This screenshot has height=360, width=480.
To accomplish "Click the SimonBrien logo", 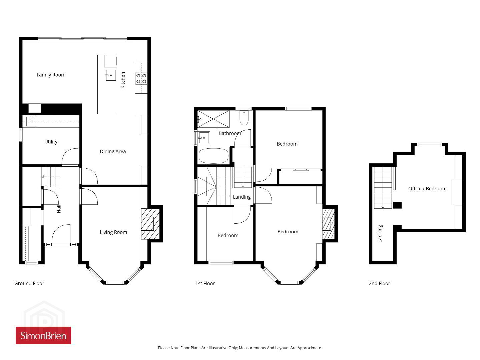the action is coord(43,335).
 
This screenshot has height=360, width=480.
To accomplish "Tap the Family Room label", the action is coord(51,75).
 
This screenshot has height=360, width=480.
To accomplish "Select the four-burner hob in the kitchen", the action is coord(141,79).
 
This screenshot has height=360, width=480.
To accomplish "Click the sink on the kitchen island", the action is coord(111,75).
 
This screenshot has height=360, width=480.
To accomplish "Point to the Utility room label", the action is coord(51,142).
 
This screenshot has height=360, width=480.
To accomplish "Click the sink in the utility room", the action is coord(32,121).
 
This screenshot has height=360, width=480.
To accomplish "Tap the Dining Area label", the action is coord(113,151).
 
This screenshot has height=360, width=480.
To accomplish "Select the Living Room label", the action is coord(113,232).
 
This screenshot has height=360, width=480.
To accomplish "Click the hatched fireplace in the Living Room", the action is coord(150,224).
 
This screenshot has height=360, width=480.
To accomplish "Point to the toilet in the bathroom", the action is coord(244,118).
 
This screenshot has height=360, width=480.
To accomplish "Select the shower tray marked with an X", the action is coord(213,119).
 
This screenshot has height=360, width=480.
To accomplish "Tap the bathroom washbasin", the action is coord(204,138).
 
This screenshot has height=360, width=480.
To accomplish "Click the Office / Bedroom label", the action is coord(427,189).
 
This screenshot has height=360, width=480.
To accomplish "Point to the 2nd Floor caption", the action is coord(379,283).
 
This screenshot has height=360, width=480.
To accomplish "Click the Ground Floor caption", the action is coord(29,283).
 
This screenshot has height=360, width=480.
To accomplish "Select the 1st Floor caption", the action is coord(205,283).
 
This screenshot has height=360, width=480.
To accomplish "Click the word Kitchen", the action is coord(123,80).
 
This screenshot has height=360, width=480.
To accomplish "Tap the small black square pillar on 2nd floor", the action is coord(397,206).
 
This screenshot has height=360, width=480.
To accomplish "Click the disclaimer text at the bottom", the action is coord(240,348).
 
